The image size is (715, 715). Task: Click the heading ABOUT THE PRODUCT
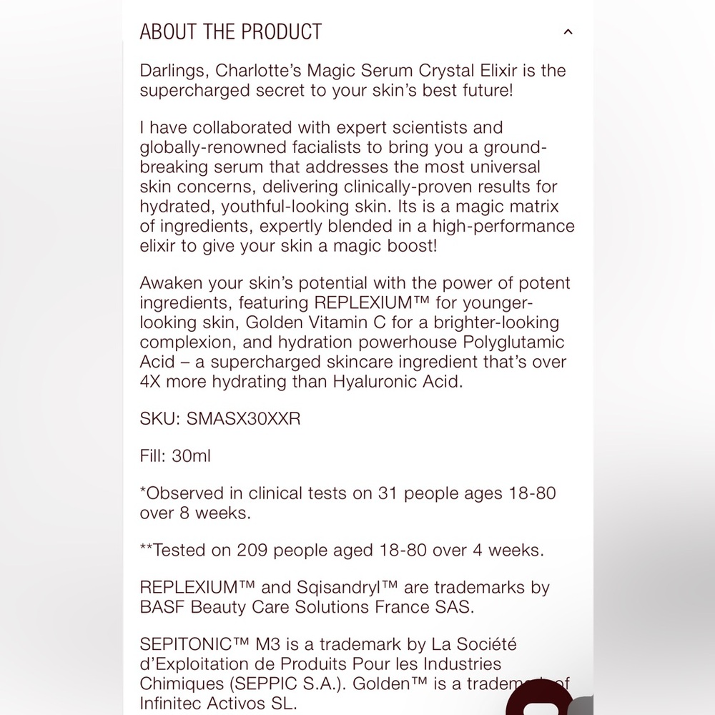230,32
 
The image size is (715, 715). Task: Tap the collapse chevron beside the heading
568,32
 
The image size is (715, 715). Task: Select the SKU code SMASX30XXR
243,419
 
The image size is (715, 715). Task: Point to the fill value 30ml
192,455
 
